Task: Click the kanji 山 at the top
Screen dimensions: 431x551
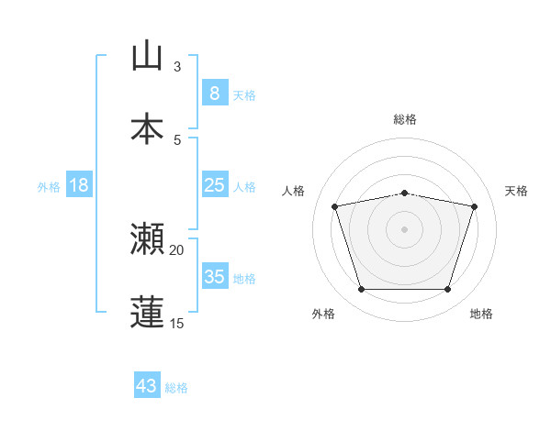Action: (147, 57)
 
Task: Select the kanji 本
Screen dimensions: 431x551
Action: (147, 128)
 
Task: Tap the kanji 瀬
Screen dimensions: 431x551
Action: (147, 239)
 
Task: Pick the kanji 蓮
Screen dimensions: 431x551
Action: (147, 312)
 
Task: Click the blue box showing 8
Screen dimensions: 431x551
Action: (214, 93)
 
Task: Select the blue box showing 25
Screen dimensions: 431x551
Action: (214, 185)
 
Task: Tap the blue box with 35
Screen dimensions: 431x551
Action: (214, 277)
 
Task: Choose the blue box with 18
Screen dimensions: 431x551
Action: (79, 185)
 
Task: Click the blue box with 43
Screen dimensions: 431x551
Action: (146, 386)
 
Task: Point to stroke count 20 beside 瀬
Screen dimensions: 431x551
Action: (177, 249)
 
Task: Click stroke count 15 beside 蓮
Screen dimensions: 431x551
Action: (177, 323)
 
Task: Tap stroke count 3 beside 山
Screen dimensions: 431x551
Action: (177, 67)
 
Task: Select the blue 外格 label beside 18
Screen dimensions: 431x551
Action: (49, 186)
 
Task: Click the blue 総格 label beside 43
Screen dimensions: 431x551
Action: (176, 388)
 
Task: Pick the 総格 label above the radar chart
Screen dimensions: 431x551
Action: (405, 119)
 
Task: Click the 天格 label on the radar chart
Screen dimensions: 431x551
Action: (517, 191)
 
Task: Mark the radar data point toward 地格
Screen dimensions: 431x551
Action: (448, 290)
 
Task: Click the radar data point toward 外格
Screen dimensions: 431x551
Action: (361, 290)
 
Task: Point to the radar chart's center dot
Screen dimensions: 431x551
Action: (405, 228)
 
